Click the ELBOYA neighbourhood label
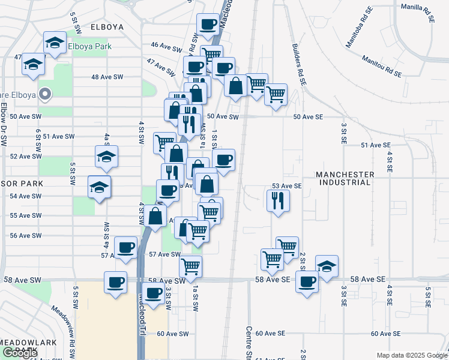click(x=107, y=27)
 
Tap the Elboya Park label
click(x=90, y=46)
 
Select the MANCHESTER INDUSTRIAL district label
click(x=354, y=179)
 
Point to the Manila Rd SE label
click(x=418, y=12)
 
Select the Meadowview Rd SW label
click(x=65, y=325)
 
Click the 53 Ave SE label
click(x=286, y=186)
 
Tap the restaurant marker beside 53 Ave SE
click(x=277, y=200)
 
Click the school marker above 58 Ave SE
click(x=327, y=265)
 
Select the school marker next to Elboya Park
click(x=55, y=43)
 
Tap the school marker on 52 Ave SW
click(x=106, y=157)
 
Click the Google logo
click(x=20, y=353)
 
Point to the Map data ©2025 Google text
click(x=411, y=355)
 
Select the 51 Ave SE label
click(x=376, y=145)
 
